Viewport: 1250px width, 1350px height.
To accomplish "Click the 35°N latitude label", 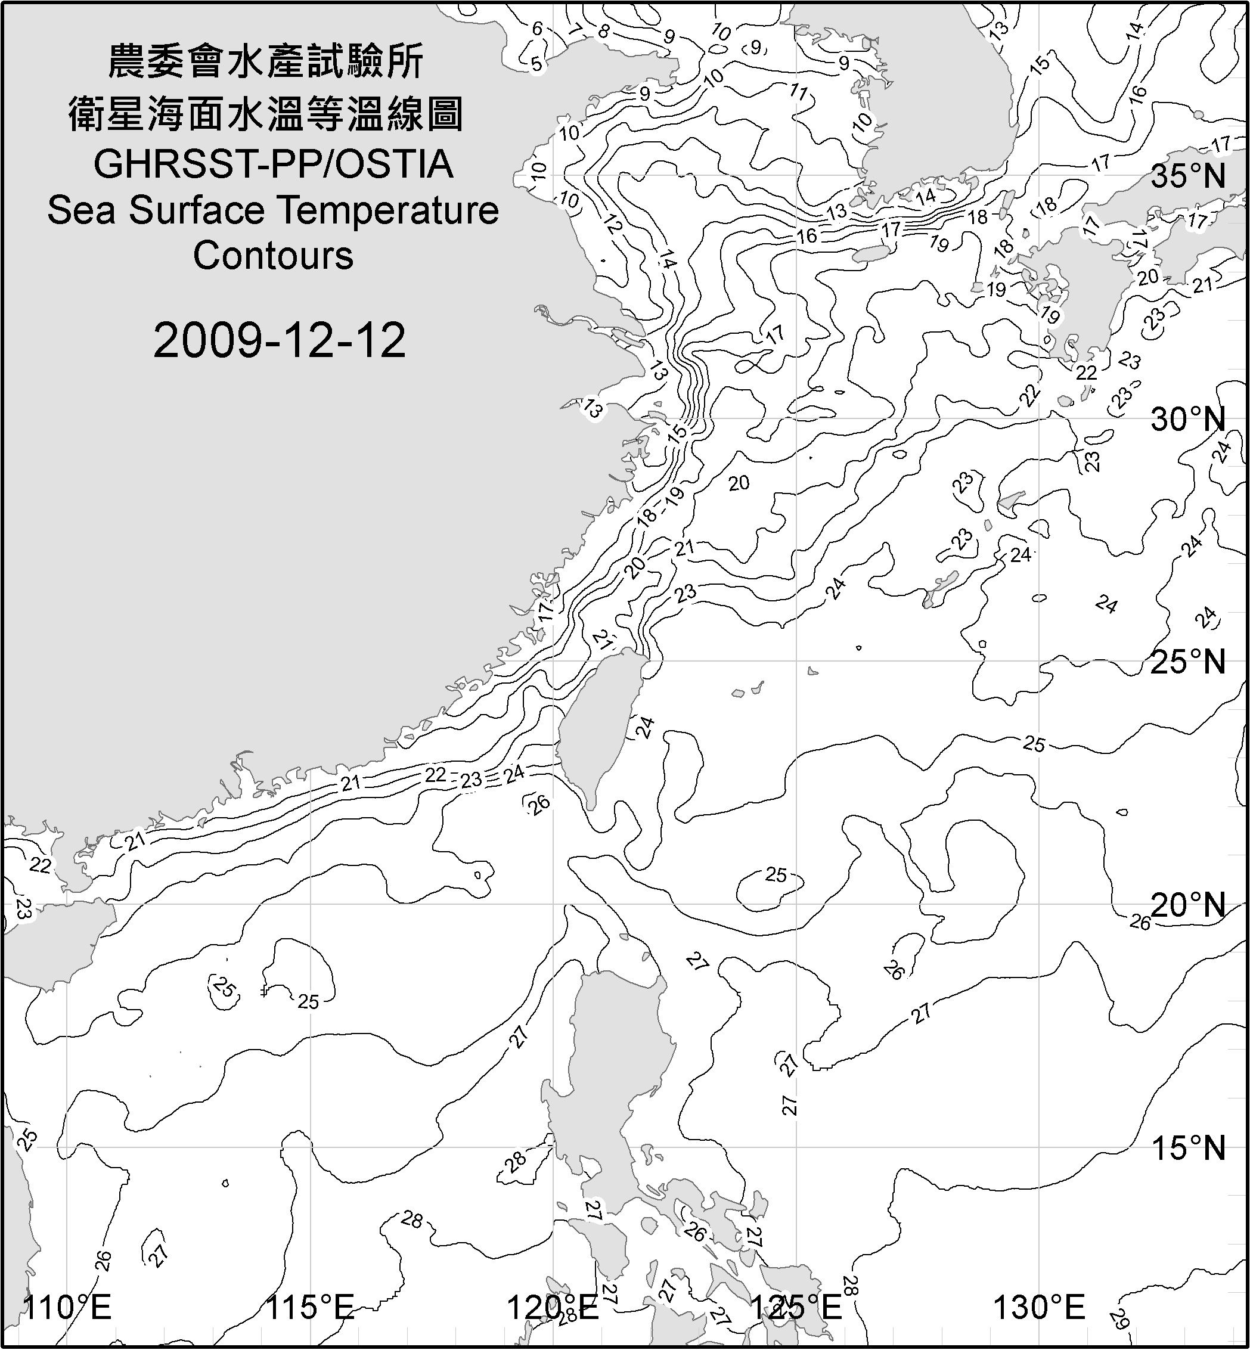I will [1189, 176].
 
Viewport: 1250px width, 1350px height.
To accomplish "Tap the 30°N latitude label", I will [1189, 420].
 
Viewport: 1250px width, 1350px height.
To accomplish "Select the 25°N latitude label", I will [1189, 662].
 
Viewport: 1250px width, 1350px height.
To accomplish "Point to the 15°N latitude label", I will [1189, 1149].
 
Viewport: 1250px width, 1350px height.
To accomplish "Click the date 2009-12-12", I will [280, 340].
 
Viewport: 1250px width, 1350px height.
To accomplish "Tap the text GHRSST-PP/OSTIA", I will [273, 165].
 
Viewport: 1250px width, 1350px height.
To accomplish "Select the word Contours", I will [273, 256].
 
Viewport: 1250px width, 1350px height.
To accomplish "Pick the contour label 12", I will [613, 225].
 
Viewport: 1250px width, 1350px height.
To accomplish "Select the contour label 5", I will [536, 65].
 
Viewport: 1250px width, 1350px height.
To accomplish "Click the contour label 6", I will [538, 29].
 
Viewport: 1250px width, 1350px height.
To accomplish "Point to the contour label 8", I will [603, 32].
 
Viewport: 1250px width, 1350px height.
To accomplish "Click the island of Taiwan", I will [598, 727].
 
